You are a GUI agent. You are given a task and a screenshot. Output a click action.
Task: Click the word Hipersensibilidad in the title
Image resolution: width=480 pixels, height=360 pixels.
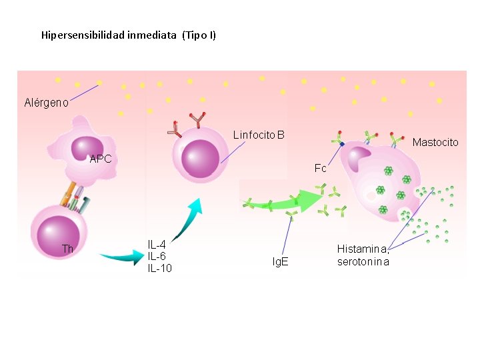[83, 35]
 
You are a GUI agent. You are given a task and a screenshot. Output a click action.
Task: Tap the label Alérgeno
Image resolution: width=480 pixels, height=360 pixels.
[46, 102]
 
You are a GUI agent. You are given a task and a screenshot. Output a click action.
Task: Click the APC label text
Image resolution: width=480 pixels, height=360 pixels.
[101, 159]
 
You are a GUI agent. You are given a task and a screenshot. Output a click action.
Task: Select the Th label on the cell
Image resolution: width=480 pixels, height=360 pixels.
[67, 249]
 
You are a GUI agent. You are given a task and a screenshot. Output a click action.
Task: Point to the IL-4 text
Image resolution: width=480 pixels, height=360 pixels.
[157, 245]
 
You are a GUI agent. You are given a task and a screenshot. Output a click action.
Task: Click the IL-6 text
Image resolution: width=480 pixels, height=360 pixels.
[157, 256]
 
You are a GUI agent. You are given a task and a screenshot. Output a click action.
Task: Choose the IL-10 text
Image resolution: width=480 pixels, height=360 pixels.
[160, 268]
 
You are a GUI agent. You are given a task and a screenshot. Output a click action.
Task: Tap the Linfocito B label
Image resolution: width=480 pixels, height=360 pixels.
[259, 135]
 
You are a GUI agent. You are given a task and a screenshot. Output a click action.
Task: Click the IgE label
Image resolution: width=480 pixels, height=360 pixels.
[280, 261]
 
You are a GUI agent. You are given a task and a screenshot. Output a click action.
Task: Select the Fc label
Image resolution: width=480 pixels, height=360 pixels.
[320, 168]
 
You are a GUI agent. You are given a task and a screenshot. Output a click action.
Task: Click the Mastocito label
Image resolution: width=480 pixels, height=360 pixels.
[435, 143]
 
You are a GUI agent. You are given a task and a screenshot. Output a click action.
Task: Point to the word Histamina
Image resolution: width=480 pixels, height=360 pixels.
[363, 249]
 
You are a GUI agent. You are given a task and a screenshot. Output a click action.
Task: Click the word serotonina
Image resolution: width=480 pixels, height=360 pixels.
[363, 262]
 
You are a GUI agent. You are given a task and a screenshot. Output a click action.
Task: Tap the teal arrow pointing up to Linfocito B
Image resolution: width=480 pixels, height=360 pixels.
[187, 221]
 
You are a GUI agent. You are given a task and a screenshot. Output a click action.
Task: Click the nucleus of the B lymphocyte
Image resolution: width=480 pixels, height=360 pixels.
[200, 159]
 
